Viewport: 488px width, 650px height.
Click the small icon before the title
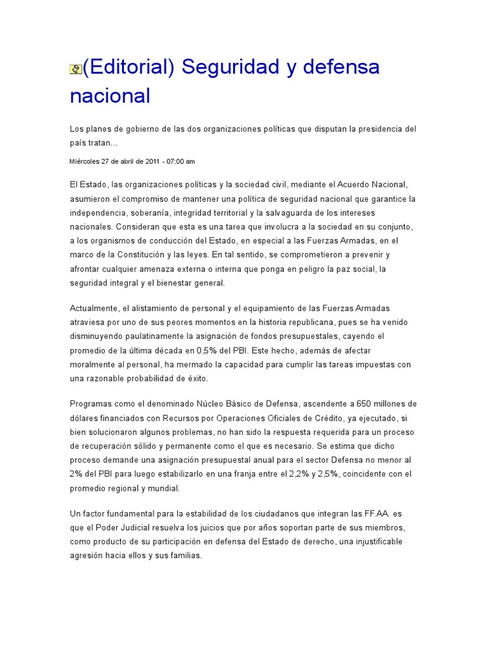[76, 69]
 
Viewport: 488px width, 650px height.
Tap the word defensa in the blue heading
[339, 67]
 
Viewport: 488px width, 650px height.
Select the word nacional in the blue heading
[110, 96]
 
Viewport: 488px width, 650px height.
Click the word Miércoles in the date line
[85, 161]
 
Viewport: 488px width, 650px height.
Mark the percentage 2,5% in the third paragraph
[335, 474]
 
